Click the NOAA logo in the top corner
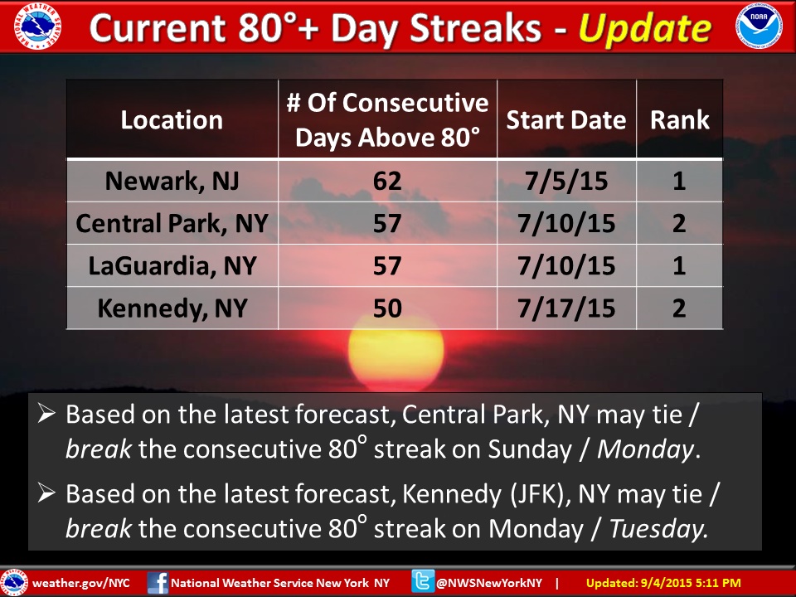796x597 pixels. point(759,27)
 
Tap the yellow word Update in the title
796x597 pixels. point(645,29)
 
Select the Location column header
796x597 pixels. point(172,120)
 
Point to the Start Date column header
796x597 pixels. point(566,120)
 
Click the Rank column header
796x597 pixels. point(680,120)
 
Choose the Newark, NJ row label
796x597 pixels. point(172,181)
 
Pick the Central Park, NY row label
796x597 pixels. point(172,223)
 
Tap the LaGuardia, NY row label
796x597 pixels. point(172,265)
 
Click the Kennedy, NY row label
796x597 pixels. point(172,308)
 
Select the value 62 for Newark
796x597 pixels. point(387,181)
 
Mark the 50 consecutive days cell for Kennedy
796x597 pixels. point(387,308)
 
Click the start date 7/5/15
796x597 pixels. point(566,181)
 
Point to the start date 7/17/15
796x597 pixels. point(566,308)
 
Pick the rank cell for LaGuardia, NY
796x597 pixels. point(680,265)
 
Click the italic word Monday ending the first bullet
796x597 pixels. point(644,449)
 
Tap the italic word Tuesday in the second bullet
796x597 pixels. point(659,529)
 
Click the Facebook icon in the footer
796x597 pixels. point(158,582)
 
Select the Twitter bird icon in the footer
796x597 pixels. point(423,582)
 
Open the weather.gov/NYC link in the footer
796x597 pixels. point(82,583)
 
